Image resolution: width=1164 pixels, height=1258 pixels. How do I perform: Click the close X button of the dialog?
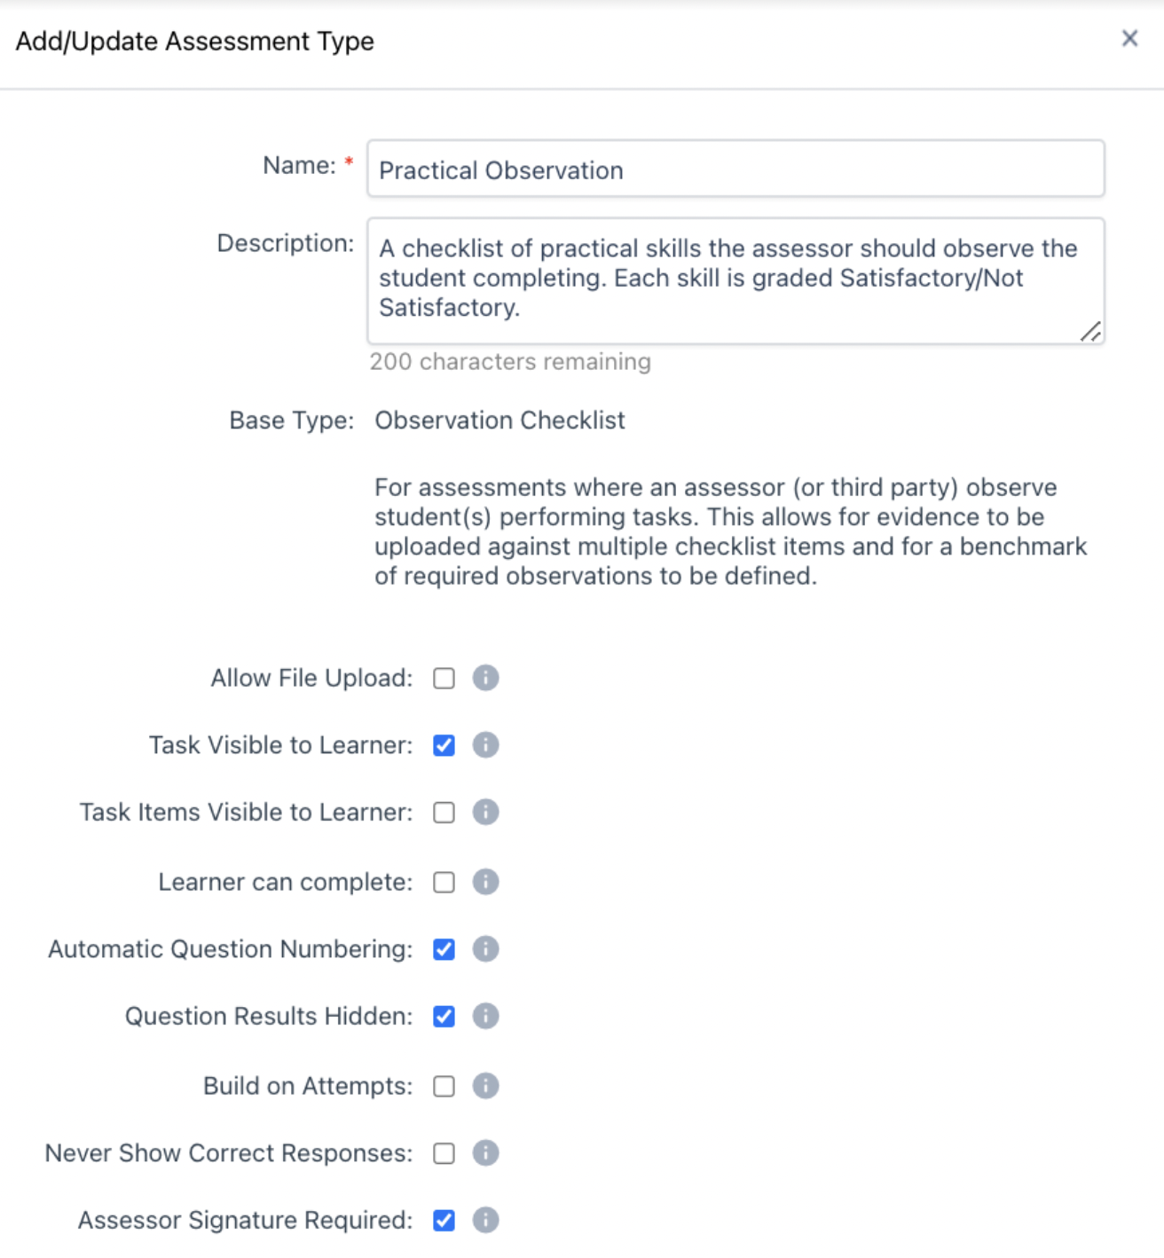pos(1129,38)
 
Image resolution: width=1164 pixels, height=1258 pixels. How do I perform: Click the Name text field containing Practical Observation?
pos(735,169)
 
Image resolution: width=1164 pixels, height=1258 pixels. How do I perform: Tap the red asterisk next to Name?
pos(349,161)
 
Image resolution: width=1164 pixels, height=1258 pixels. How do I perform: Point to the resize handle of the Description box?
pos(1091,332)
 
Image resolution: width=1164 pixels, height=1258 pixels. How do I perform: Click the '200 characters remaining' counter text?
pos(510,362)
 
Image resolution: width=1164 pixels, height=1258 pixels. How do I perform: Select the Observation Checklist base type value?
pos(499,421)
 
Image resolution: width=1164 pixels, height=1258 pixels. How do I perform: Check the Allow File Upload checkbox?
pos(444,679)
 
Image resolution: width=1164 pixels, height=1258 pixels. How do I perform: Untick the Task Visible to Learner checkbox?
pos(444,745)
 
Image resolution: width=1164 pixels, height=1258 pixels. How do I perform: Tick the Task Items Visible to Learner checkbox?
pos(444,813)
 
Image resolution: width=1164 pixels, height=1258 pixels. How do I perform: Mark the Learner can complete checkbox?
pos(444,883)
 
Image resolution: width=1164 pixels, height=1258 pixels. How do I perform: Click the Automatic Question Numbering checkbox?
pos(444,949)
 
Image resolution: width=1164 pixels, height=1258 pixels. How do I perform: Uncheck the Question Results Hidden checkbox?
pos(444,1017)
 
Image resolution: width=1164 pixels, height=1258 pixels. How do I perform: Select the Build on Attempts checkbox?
pos(444,1087)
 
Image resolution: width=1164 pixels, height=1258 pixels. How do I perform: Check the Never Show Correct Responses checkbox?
pos(444,1153)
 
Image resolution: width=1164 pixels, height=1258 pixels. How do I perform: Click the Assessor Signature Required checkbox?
pos(444,1221)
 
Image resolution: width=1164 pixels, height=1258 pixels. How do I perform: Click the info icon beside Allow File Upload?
pos(485,678)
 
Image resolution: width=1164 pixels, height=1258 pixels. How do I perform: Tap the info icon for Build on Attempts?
pos(485,1086)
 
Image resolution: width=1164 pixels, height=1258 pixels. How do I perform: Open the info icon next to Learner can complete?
pos(485,882)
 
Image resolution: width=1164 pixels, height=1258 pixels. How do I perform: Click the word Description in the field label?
pos(284,243)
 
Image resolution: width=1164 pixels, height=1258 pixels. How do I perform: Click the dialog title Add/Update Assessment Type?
pos(195,42)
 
